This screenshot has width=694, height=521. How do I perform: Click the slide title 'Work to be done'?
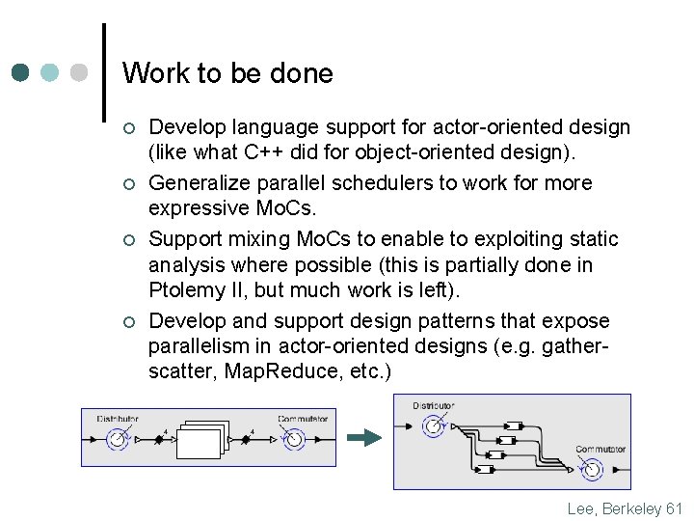pos(227,73)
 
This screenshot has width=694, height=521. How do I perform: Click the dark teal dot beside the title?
pos(21,73)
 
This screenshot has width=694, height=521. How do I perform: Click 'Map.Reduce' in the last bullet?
pos(275,371)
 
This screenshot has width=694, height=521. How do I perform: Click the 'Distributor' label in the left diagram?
pos(118,419)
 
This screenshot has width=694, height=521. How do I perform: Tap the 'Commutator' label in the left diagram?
pos(303,419)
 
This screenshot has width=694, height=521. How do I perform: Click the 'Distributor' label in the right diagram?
pos(434,405)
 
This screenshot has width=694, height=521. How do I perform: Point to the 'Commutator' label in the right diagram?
pos(601,450)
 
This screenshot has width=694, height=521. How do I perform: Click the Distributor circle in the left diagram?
pos(118,440)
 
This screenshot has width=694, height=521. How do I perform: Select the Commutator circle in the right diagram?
pos(591,470)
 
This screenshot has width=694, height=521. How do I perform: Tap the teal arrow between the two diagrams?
pos(363,438)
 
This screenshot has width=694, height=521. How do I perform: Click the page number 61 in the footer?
pos(674,508)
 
